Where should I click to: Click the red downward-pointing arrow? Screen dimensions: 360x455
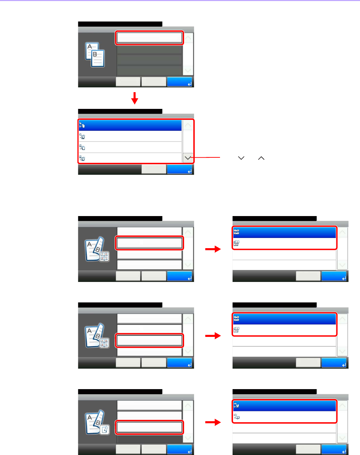click(135, 98)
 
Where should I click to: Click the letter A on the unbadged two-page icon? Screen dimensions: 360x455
click(89, 47)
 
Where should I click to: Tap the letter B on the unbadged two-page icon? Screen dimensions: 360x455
click(95, 54)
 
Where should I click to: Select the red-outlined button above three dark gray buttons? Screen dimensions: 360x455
click(149, 38)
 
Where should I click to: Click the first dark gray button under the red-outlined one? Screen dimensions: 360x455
click(149, 50)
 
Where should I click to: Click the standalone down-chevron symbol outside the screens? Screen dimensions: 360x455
click(241, 158)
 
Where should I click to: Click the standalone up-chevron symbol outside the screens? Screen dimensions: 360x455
click(261, 158)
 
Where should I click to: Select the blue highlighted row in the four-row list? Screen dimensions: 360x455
click(130, 125)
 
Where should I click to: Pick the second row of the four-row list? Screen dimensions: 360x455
click(130, 137)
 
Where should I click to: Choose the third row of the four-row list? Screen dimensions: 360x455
click(130, 147)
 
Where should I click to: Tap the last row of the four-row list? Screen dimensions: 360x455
click(130, 158)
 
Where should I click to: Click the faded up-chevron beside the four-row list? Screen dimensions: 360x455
click(188, 125)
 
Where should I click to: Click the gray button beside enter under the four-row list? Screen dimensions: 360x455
click(154, 169)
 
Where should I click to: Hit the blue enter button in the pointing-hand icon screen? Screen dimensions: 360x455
click(179, 450)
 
